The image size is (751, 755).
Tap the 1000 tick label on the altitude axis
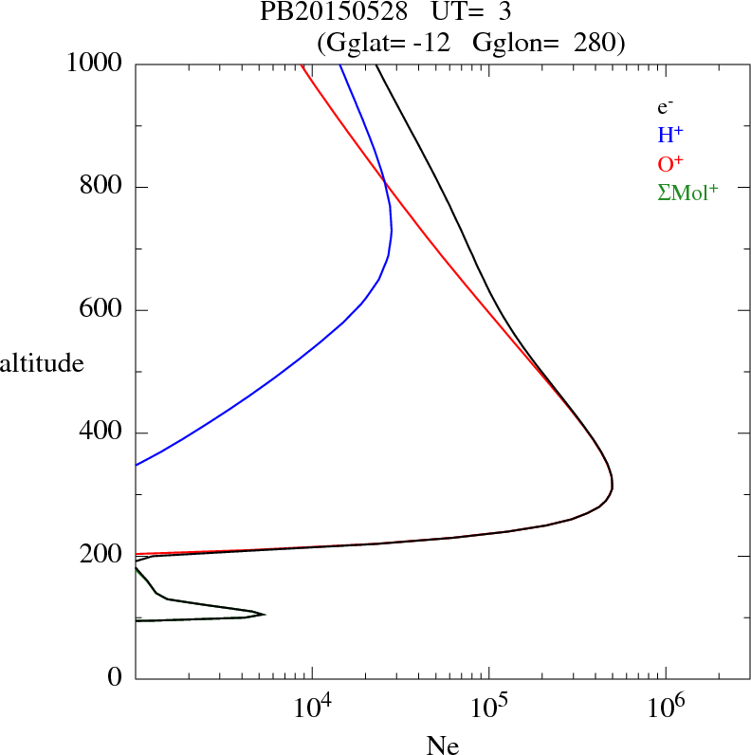point(96,64)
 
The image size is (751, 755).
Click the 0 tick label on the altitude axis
point(115,678)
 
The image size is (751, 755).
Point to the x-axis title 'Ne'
point(442,746)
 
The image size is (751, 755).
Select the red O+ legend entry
point(671,164)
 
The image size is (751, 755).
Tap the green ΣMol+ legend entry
point(687,193)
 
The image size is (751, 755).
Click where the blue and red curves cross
point(384,181)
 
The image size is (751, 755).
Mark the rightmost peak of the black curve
point(613,487)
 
